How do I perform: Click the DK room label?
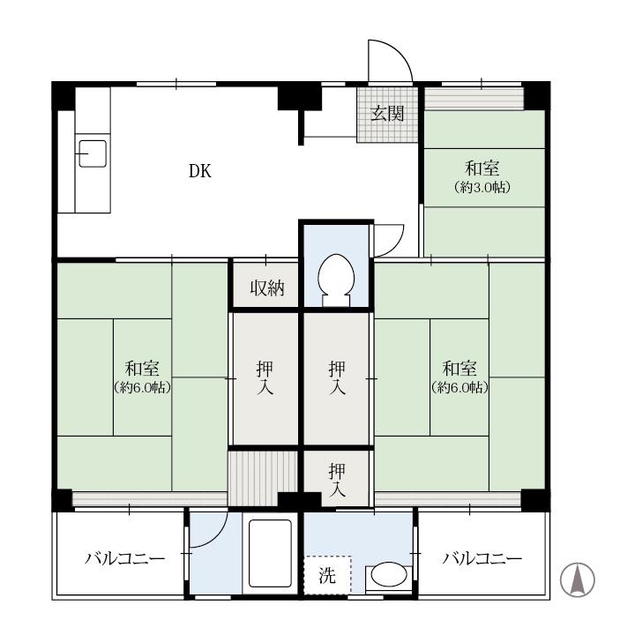tap(200, 171)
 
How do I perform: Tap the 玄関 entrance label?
tap(387, 114)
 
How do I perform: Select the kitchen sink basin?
tap(93, 153)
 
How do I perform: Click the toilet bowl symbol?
tap(336, 280)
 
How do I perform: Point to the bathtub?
tap(270, 553)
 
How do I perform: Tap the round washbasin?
tap(389, 574)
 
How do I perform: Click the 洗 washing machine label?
tap(327, 575)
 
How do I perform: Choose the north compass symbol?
tap(578, 579)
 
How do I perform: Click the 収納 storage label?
tap(267, 288)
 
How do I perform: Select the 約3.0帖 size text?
tap(482, 187)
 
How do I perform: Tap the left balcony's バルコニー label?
tap(125, 559)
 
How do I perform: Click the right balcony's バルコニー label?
tap(482, 559)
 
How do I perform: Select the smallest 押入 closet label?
tap(337, 480)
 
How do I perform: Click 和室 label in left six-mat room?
tap(142, 368)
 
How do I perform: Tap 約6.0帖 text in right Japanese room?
tap(459, 387)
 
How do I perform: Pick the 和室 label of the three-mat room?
tap(482, 168)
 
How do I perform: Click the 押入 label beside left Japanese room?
tap(265, 377)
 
